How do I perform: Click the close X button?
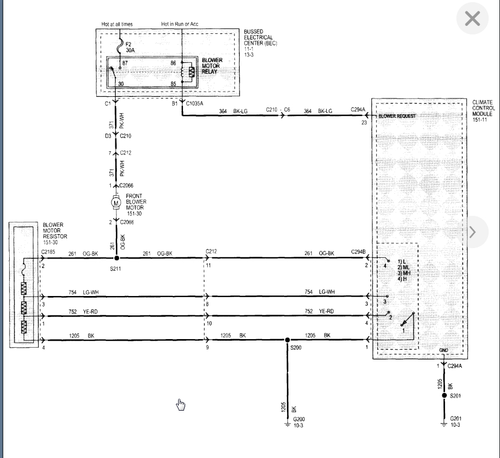coord(472,18)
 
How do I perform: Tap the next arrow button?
coord(473,232)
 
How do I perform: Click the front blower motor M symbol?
coord(116,203)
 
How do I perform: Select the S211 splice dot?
coord(117,258)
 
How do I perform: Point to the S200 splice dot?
coord(287,340)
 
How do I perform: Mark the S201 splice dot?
coord(444,396)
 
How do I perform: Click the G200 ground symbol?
coord(287,424)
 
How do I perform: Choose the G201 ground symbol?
coord(444,424)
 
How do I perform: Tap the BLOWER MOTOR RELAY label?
coord(212,66)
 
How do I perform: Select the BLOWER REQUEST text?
coord(397,116)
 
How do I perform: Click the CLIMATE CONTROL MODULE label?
coord(483,108)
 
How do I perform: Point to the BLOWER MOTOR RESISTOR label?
coord(55,230)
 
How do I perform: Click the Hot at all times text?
coord(117,24)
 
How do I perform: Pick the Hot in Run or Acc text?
coord(180,24)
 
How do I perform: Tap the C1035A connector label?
coord(194,103)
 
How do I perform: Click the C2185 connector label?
coord(48,252)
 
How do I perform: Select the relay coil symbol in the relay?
coord(184,72)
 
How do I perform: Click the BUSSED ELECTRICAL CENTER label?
coord(260,37)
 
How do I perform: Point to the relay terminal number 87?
coord(125,63)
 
